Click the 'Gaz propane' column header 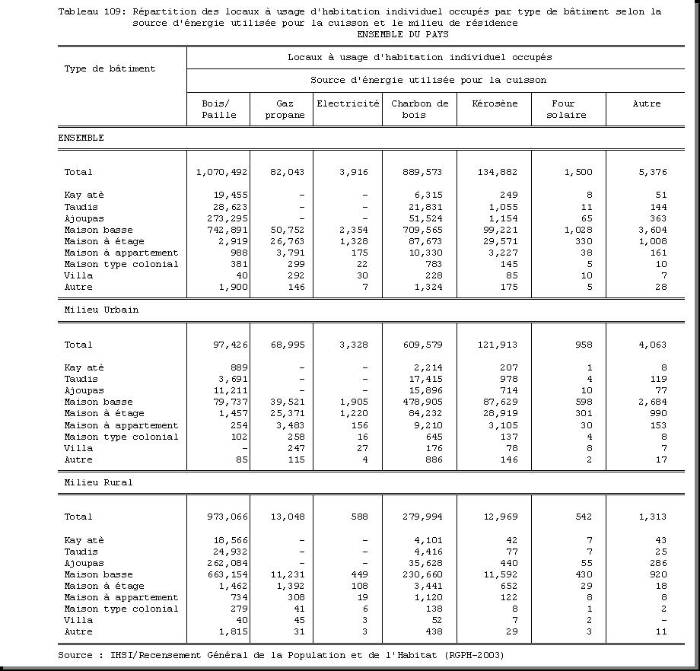285,110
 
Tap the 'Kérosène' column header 494,103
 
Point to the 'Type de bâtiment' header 110,68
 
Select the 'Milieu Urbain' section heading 101,310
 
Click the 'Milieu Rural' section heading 98,482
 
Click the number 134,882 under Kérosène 497,173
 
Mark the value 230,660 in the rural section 422,574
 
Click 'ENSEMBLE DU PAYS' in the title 402,34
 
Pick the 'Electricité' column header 348,103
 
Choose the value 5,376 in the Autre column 652,173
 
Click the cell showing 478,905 422,402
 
